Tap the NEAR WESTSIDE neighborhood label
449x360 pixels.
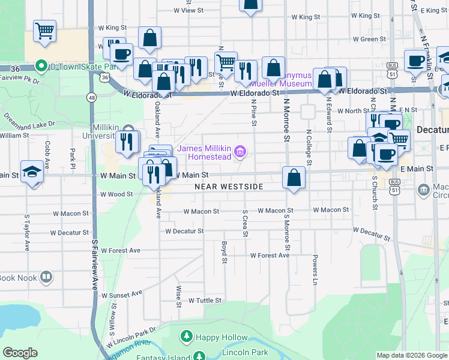click(229, 187)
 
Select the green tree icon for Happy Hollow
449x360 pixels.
click(187, 337)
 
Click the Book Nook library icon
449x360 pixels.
click(46, 277)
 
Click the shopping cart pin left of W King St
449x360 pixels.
click(45, 31)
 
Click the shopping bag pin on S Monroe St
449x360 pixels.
click(294, 178)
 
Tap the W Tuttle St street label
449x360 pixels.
click(205, 301)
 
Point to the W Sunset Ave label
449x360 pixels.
click(122, 295)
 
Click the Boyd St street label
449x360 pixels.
click(224, 252)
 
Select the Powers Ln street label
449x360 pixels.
click(315, 269)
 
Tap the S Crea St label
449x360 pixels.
click(245, 223)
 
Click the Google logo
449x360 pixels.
click(20, 353)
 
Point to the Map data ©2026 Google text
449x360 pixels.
click(411, 355)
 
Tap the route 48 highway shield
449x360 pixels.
click(91, 97)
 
